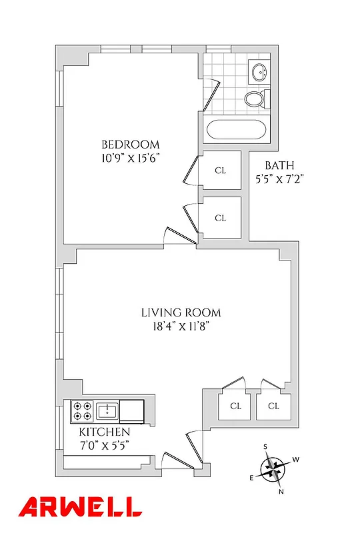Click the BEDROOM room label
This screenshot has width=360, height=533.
point(130,145)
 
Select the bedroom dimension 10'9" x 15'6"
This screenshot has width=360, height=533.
point(130,158)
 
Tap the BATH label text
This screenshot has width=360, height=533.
point(279,165)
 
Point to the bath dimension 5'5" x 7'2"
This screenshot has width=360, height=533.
point(279,179)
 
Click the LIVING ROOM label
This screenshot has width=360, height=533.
point(181,312)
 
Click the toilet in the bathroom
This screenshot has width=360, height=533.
point(255,100)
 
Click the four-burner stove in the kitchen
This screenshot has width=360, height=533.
point(82,411)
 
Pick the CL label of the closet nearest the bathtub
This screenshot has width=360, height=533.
point(221,171)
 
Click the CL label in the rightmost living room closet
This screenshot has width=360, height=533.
point(274,406)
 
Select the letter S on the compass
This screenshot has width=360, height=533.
point(265,446)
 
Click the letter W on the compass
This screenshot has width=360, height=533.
point(295,460)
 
